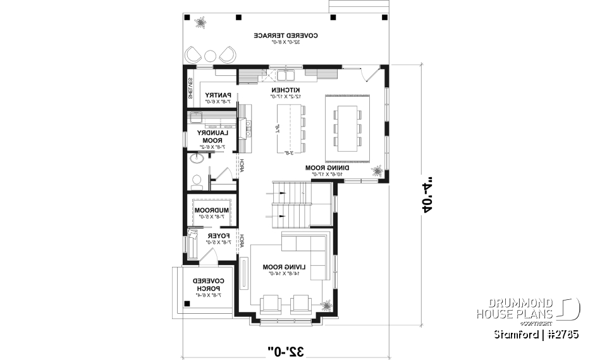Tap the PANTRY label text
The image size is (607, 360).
tap(219, 96)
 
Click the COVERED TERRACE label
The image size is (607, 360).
tap(286, 35)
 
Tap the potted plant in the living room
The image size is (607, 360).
tap(326, 304)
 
